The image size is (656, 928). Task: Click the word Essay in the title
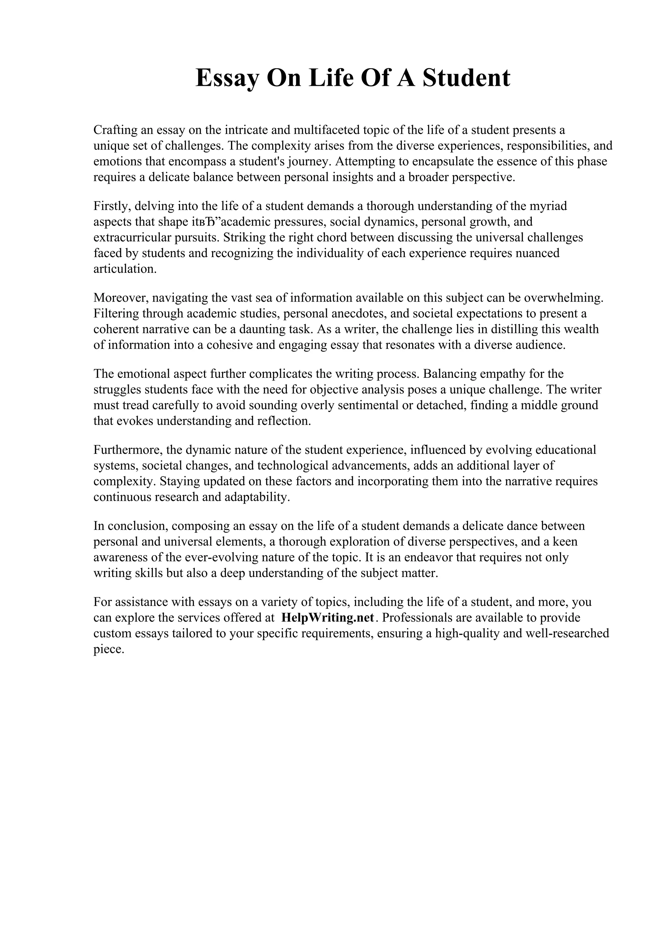[x=227, y=78]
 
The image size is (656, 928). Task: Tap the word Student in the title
[x=466, y=78]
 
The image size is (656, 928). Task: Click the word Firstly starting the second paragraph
[x=112, y=206]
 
